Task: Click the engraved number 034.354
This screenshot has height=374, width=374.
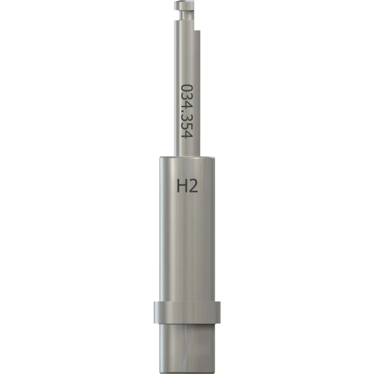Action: click(x=187, y=111)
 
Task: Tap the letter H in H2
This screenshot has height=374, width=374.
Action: click(x=182, y=187)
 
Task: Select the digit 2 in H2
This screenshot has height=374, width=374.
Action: click(x=193, y=187)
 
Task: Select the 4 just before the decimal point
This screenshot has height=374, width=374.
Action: click(x=187, y=105)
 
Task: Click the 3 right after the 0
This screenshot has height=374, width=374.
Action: click(x=187, y=96)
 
